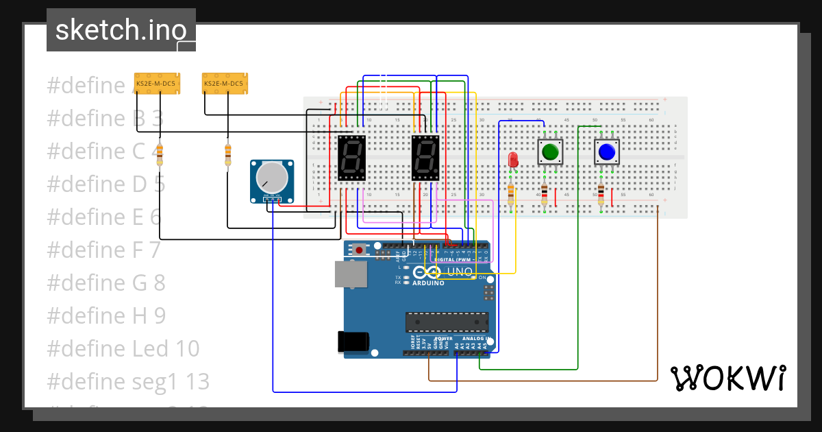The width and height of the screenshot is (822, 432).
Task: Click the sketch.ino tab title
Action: coord(121,30)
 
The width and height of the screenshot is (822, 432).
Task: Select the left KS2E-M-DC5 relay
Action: coord(155,83)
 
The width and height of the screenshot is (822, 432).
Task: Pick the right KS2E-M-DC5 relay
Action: coord(225,83)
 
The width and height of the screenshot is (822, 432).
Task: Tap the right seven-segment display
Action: coord(425,158)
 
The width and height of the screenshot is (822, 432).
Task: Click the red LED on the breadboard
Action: coord(512,160)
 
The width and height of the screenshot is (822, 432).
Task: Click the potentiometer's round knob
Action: coord(272,178)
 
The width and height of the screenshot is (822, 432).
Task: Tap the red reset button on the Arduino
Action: coord(359,250)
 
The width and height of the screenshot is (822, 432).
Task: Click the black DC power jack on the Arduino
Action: coord(353,341)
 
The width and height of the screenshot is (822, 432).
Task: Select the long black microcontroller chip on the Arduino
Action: coord(447,322)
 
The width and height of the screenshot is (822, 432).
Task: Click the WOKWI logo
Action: coord(727,378)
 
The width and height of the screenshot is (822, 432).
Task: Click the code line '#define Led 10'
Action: coord(123,348)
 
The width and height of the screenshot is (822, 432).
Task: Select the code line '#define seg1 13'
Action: coord(128,381)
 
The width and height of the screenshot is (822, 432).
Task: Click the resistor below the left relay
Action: coord(160,155)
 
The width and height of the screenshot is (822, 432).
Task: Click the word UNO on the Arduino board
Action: coord(460,272)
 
